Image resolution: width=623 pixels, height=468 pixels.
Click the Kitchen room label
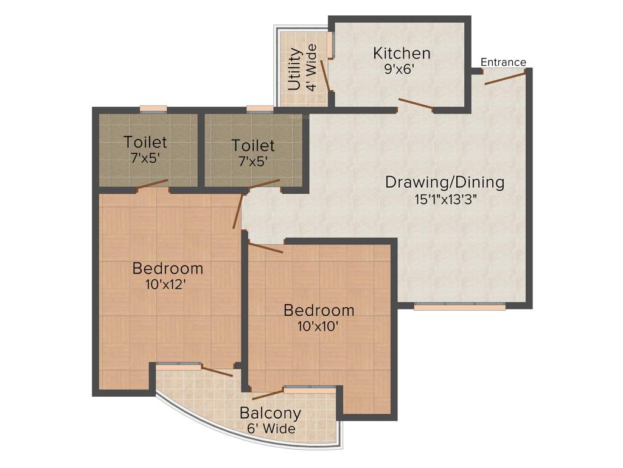point(402,53)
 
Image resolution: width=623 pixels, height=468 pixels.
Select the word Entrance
point(503,62)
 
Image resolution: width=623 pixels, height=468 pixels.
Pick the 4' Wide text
point(311,67)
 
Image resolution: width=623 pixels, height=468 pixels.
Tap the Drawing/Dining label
point(445,182)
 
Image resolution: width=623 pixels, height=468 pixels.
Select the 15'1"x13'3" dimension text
point(445,199)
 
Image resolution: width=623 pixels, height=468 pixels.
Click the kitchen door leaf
point(416,105)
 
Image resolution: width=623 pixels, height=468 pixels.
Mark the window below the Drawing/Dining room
point(459,307)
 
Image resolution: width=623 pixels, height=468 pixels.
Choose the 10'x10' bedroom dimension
point(319,326)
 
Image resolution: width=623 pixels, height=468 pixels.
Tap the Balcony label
point(270,413)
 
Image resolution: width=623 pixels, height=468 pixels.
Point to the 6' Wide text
point(271,429)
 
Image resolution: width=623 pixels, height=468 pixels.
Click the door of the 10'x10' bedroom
point(266,248)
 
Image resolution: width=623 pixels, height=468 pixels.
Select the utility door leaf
point(325,76)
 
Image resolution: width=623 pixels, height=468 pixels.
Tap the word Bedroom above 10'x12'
point(168,268)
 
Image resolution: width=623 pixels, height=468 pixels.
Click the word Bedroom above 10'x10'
point(319,310)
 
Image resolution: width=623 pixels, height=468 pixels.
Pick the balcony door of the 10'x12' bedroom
point(217,371)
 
